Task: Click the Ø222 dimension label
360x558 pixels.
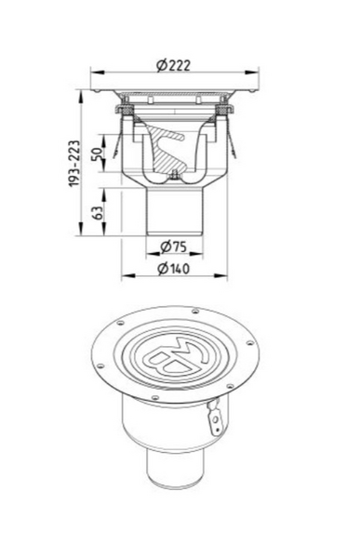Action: click(173, 65)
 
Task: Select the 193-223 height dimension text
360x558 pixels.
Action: click(74, 164)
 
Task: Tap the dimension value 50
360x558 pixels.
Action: click(97, 153)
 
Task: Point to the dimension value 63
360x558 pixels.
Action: click(98, 212)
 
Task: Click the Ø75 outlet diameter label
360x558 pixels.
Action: click(173, 246)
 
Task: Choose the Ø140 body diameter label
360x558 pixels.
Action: click(174, 269)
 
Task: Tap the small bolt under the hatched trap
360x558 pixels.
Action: click(174, 176)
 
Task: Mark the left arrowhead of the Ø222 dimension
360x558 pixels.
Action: click(98, 73)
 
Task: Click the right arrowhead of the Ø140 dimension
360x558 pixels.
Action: click(220, 275)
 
